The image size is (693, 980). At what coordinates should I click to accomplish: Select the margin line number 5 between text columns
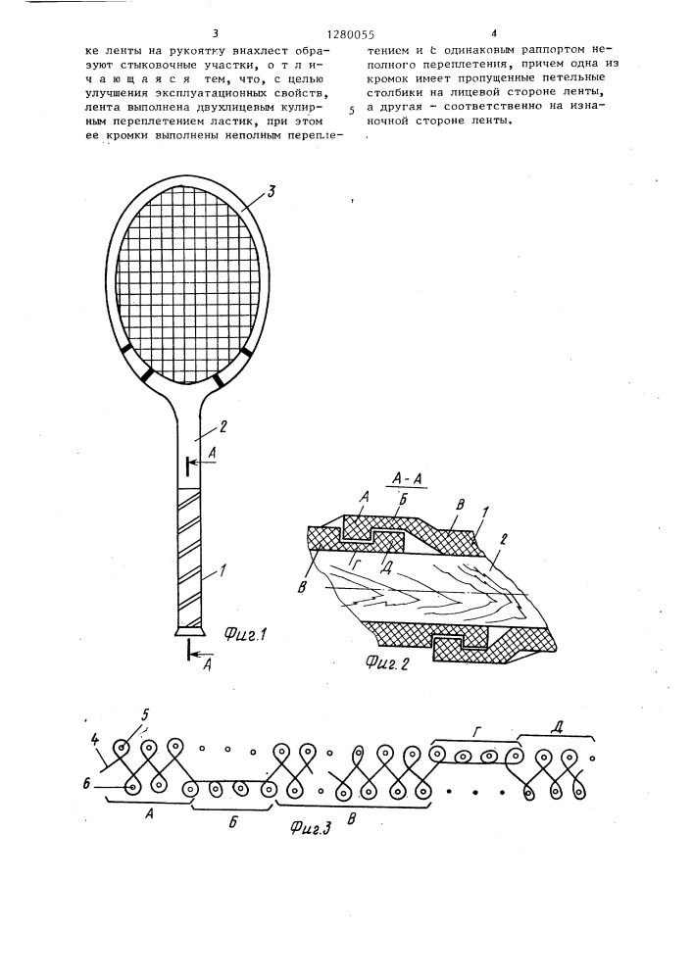[350, 111]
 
